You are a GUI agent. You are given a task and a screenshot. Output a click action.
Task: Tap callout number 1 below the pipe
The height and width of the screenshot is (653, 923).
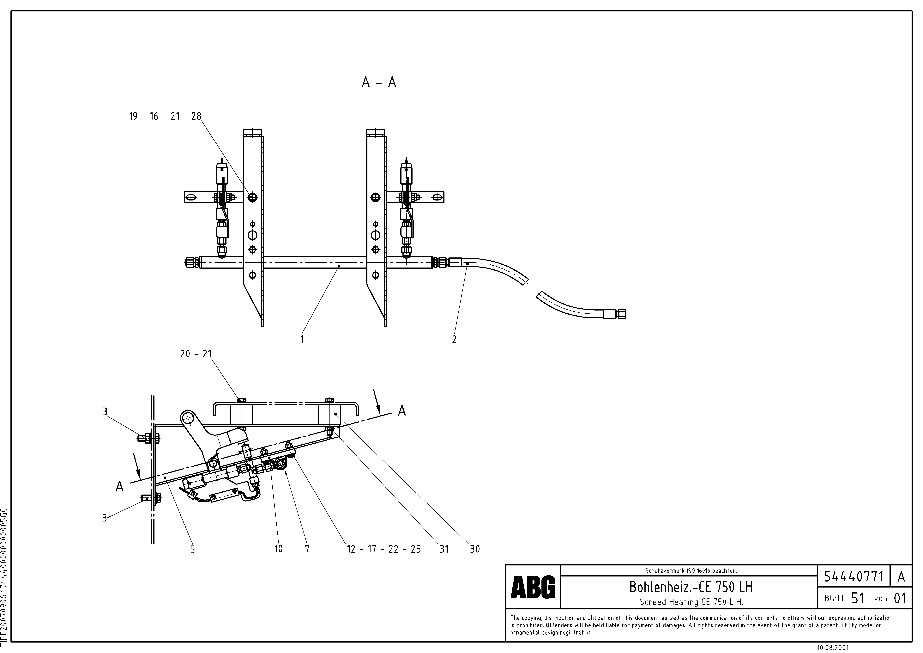coord(302,339)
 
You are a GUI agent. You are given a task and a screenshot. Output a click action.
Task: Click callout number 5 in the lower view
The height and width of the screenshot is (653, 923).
coord(192,549)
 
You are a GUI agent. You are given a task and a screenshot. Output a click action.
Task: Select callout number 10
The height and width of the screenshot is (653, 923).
coord(278,549)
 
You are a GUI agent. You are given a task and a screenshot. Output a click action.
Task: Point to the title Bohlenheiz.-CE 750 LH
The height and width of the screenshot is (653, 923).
coord(691,587)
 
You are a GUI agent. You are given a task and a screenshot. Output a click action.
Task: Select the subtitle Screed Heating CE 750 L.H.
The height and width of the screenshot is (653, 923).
coord(691,602)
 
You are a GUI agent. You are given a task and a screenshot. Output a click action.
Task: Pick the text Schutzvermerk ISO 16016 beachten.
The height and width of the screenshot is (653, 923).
coord(691,571)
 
